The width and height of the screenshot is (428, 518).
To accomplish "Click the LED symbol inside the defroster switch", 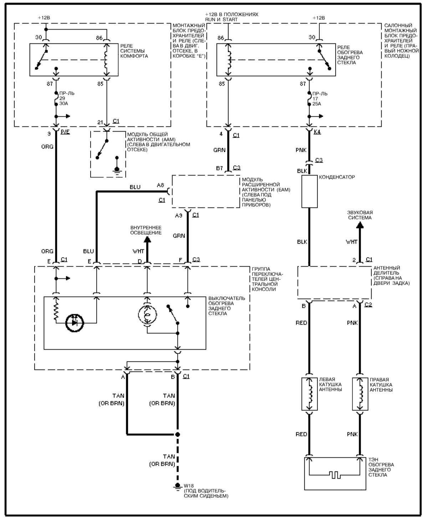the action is pyautogui.click(x=75, y=323).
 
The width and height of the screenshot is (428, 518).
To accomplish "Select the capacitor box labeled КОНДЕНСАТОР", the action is pyautogui.click(x=309, y=191).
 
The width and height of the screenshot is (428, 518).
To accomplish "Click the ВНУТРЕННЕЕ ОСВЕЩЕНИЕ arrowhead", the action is pyautogui.click(x=147, y=240).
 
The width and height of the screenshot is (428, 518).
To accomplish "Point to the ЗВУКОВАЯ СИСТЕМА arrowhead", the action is pyautogui.click(x=360, y=225).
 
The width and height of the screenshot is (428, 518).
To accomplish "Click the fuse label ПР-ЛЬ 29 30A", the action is pyautogui.click(x=67, y=98).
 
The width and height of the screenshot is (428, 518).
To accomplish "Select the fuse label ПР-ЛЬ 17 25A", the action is pyautogui.click(x=320, y=99).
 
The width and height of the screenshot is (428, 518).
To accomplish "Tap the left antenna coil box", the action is pyautogui.click(x=309, y=394).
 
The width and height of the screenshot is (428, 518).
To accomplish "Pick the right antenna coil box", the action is pyautogui.click(x=360, y=394).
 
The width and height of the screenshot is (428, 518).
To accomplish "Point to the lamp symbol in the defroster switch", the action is pyautogui.click(x=147, y=315).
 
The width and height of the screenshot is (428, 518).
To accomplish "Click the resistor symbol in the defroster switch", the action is pyautogui.click(x=56, y=308).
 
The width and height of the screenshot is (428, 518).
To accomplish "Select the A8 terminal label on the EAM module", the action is pyautogui.click(x=160, y=185).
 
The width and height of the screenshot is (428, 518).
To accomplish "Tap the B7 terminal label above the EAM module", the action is pyautogui.click(x=219, y=168).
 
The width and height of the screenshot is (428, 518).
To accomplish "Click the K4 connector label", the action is pyautogui.click(x=317, y=132).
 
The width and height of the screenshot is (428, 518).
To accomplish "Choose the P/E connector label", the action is pyautogui.click(x=65, y=132).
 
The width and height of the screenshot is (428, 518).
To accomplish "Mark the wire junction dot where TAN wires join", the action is pyautogui.click(x=178, y=434).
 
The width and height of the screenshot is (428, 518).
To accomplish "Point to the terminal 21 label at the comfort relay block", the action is pyautogui.click(x=100, y=122).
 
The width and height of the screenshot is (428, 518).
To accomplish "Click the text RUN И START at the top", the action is pyautogui.click(x=221, y=19).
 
